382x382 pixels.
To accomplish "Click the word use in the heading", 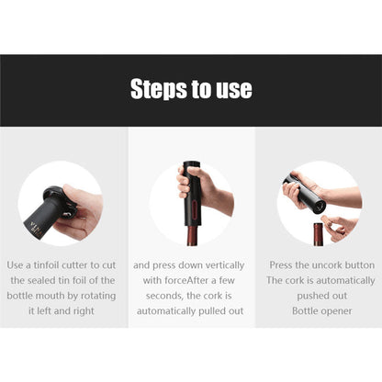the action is point(234,90).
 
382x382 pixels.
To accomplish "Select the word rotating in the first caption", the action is point(98,296).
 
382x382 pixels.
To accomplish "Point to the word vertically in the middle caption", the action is point(225,265).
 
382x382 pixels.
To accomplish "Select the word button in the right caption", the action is point(359,265).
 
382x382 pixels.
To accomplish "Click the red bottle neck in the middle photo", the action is point(194,235).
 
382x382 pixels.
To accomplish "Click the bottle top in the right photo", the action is point(318,234).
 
